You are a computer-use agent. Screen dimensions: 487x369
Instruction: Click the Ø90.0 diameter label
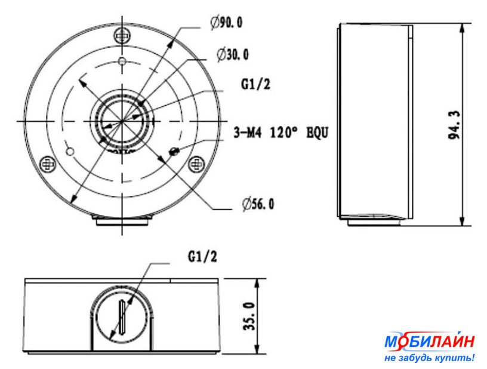click(226, 23)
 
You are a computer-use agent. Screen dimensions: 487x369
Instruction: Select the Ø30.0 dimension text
click(233, 55)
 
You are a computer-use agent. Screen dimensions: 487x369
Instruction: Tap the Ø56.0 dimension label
click(258, 204)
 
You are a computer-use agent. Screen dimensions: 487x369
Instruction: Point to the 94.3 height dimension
click(454, 125)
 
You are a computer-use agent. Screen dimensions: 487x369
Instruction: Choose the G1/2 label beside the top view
click(255, 84)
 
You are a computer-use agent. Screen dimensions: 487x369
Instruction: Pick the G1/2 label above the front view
click(202, 257)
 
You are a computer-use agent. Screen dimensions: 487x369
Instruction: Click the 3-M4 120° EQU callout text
click(281, 133)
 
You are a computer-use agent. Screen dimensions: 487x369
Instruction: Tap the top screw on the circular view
click(122, 36)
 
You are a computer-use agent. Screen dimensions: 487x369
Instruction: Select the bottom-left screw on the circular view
click(48, 164)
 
